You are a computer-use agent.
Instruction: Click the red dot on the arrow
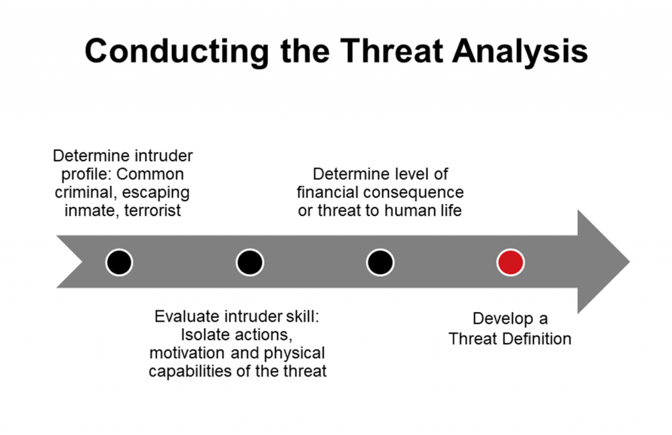[511, 262]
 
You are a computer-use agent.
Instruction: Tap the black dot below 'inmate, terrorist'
[119, 262]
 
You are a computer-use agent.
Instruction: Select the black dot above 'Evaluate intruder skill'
[250, 262]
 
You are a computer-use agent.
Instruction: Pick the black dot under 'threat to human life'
[380, 262]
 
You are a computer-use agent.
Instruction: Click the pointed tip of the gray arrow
[629, 262]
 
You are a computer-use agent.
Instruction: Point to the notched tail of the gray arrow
[82, 262]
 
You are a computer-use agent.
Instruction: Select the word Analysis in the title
[520, 51]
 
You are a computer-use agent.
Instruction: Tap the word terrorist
[152, 211]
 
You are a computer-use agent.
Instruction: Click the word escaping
[156, 193]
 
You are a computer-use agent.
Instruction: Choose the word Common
[150, 174]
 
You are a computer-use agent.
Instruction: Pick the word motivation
[187, 353]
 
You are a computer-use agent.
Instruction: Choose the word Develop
[503, 319]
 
